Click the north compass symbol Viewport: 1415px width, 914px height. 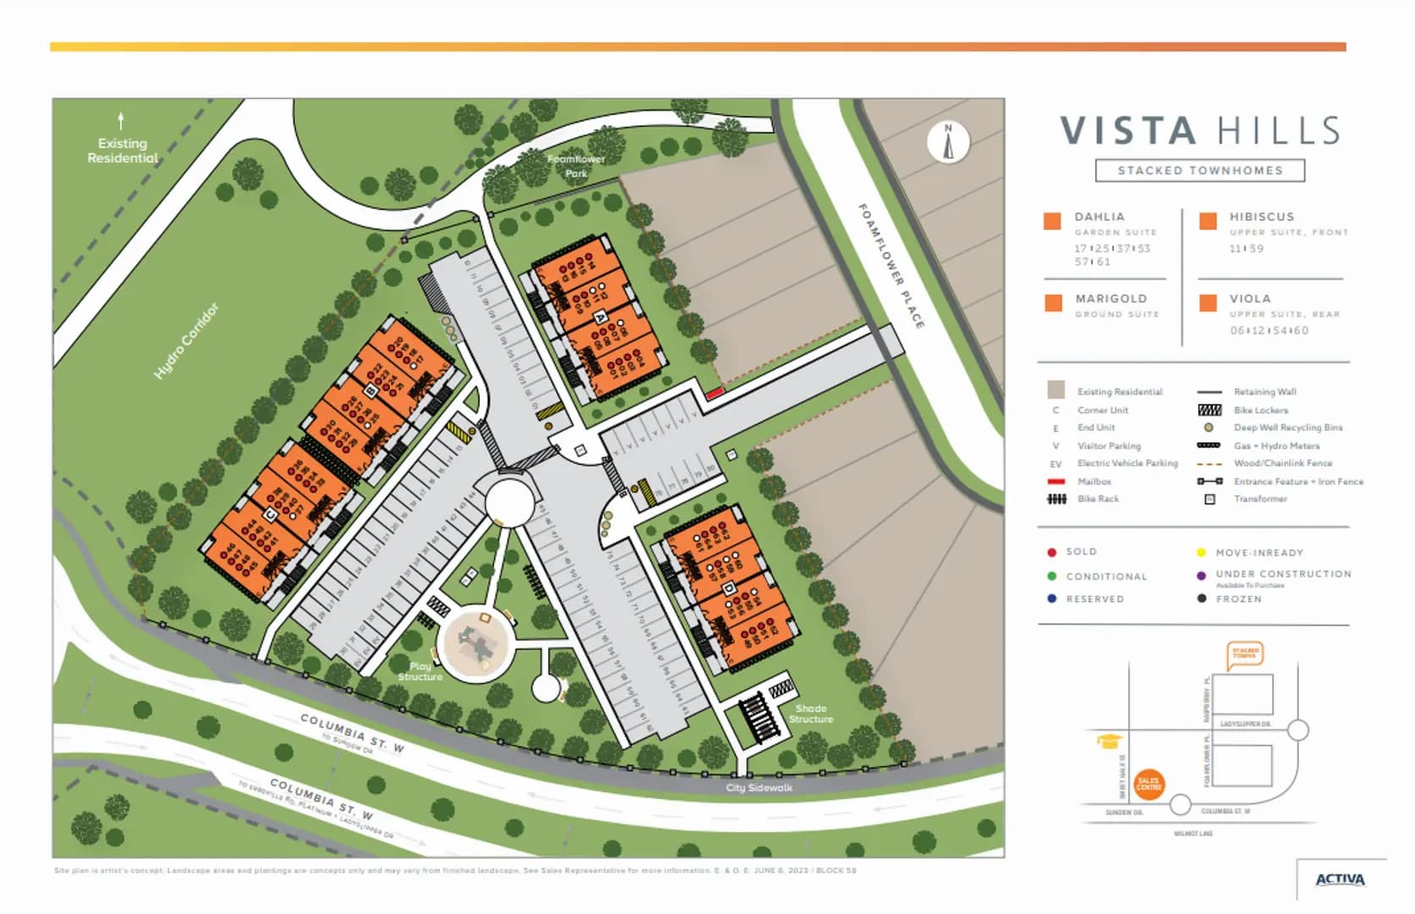point(948,142)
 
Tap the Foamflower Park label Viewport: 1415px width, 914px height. point(575,166)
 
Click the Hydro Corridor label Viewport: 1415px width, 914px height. point(186,340)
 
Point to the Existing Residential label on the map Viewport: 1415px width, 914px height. point(123,151)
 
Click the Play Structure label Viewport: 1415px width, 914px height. point(420,671)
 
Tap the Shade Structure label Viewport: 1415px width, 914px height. point(811,713)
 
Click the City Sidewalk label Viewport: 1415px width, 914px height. point(759,788)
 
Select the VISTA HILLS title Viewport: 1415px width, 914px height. point(1200,131)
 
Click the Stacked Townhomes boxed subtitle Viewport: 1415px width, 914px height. point(1200,171)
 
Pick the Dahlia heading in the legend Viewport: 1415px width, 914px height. point(1099,217)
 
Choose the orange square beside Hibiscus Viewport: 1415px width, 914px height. point(1208,221)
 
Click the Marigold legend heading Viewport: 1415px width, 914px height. point(1111,299)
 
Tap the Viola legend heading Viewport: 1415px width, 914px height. point(1250,299)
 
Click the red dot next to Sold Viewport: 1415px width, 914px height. point(1052,552)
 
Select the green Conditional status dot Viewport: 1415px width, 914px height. point(1052,576)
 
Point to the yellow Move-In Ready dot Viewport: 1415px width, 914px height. point(1201,553)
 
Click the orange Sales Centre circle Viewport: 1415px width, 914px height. point(1148,785)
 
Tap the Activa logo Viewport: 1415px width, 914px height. point(1340,880)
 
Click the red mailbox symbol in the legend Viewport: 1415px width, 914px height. point(1055,482)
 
